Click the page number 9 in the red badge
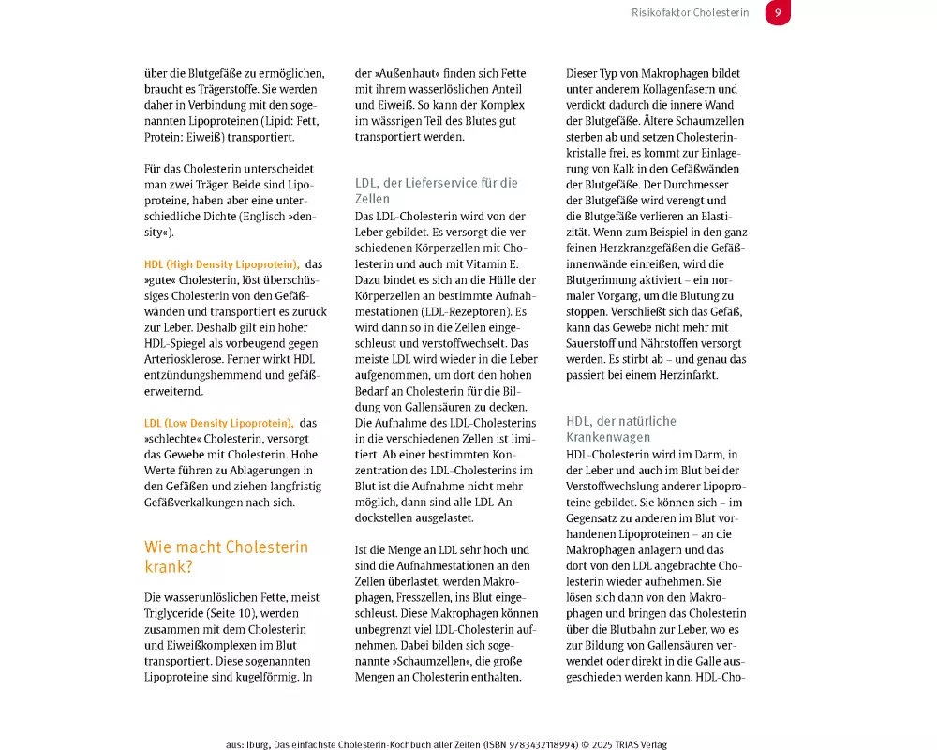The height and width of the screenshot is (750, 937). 778,13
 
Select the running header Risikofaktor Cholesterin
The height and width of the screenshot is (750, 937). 692,13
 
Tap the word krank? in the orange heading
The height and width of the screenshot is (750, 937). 170,567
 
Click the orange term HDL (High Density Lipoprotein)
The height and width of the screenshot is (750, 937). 221,264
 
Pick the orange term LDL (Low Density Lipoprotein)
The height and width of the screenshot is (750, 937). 218,423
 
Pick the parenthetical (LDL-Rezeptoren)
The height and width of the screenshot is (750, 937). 468,311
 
